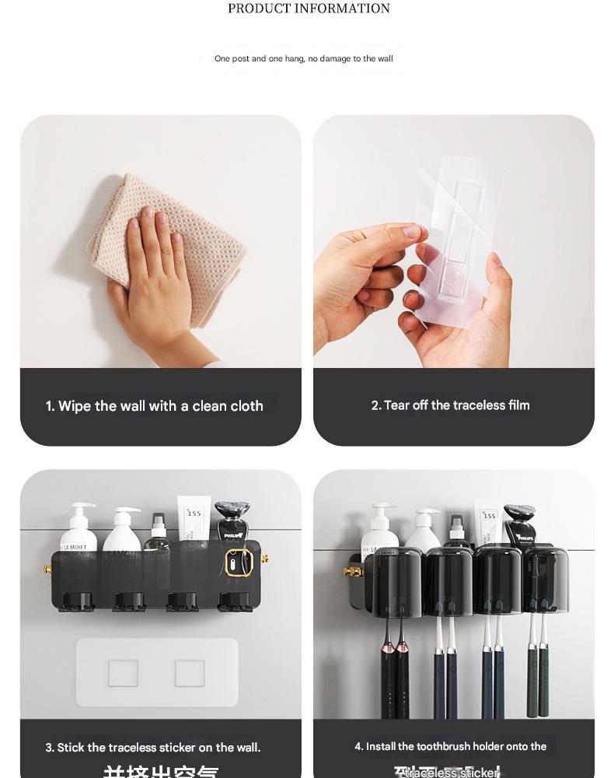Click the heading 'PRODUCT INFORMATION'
click(x=309, y=9)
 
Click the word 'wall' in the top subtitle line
click(x=385, y=59)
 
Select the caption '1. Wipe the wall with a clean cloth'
click(x=154, y=406)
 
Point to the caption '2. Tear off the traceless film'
click(x=450, y=405)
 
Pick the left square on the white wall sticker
click(x=123, y=673)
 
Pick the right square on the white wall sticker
click(x=190, y=673)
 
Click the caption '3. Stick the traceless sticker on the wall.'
click(x=152, y=748)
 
